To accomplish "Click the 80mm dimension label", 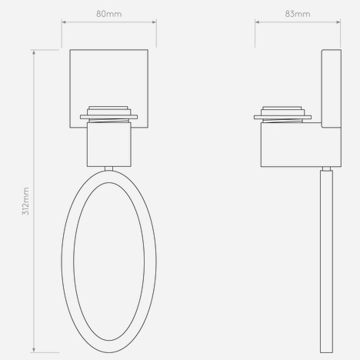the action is coord(109,14).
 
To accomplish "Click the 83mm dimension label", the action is coord(298,14).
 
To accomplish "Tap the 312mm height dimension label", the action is coord(26,201).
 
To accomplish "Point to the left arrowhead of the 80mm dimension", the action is coord(64,22).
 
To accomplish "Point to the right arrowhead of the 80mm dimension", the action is coord(154,22).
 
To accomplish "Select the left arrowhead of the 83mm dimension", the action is coord(257,22).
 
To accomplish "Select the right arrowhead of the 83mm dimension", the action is coord(338,22).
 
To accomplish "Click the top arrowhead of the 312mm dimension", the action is coord(34,52).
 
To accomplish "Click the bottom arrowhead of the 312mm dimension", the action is coord(34,350).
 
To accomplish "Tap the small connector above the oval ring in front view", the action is coord(109,168).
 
